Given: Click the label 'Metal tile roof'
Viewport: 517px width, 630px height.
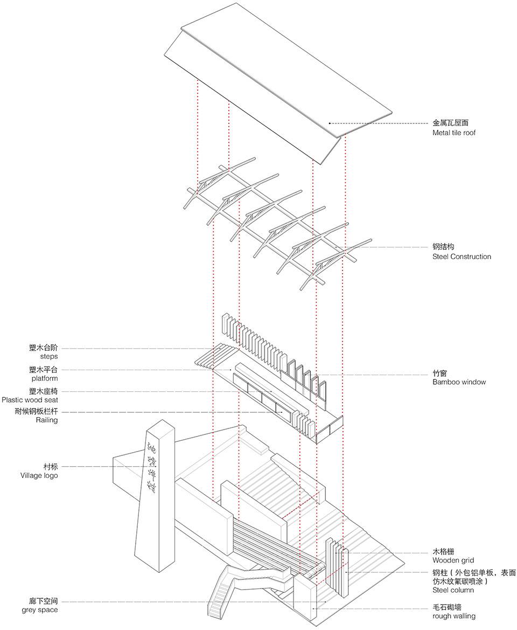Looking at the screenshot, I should [453, 133].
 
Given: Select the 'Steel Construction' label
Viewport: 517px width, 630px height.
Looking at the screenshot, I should [462, 257].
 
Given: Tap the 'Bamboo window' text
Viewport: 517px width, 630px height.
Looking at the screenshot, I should [459, 382].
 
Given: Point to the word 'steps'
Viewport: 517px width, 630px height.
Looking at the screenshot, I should [48, 357].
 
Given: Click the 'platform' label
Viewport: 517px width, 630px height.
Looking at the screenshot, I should [44, 378].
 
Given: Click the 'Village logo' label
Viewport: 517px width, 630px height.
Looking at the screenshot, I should [39, 475].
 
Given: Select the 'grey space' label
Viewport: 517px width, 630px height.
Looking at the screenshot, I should [40, 610].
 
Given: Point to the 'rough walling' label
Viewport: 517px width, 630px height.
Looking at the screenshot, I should [453, 616].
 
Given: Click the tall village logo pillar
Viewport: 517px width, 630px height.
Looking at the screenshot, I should [159, 512].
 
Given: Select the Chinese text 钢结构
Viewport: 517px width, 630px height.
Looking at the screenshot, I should [443, 247].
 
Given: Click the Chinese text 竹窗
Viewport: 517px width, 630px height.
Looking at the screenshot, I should [439, 373].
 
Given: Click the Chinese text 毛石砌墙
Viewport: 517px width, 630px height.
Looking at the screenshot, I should [446, 606].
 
